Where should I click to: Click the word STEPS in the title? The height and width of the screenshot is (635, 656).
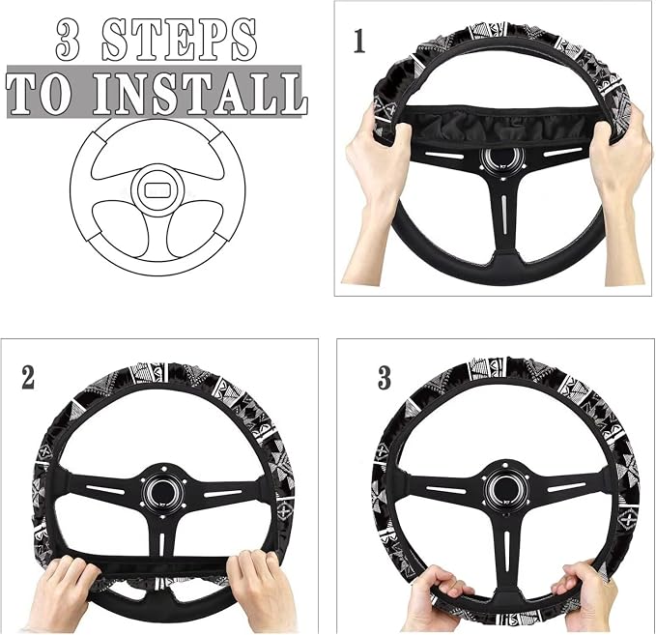click(179, 41)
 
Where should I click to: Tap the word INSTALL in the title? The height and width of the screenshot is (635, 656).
click(200, 94)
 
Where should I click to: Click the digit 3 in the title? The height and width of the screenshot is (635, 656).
click(69, 41)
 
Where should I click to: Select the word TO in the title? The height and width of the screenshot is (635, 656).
click(39, 94)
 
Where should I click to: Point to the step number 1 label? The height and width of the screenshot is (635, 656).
click(359, 41)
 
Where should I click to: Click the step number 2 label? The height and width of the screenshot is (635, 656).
click(28, 378)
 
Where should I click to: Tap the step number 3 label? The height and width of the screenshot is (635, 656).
click(385, 378)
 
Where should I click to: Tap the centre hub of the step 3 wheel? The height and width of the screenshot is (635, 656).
click(502, 486)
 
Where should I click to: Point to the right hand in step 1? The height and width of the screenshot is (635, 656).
click(622, 188)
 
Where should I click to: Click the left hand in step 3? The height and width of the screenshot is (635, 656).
click(440, 597)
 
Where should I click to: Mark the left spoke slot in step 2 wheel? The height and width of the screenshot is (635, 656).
click(106, 490)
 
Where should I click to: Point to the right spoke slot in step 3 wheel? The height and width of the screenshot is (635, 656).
click(566, 488)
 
